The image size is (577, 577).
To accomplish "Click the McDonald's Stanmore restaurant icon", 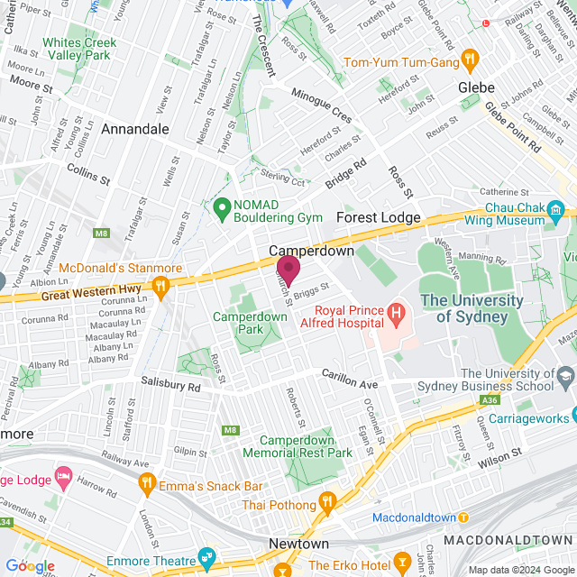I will coord(161,288).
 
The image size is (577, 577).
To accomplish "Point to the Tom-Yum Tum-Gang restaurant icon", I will coord(469,60).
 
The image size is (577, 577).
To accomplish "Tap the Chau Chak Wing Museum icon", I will coord(555,213).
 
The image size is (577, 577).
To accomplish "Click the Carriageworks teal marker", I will coord(563,417).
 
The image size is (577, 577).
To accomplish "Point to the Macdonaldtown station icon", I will coord(463,518).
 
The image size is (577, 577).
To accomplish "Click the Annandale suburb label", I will coord(135,129).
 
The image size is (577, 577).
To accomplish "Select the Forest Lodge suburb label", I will coord(378,218).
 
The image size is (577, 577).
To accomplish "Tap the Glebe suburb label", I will coord(477,87).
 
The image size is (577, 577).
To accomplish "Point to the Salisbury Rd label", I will coord(169,385).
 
